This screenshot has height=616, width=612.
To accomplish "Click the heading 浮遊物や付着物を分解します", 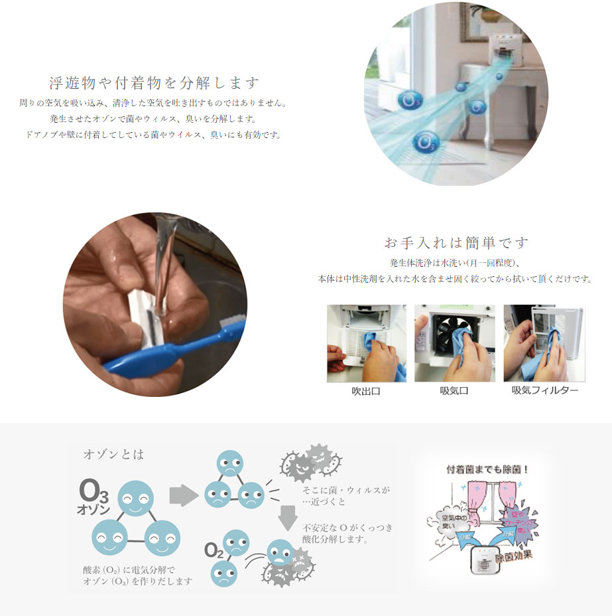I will tap(154, 84).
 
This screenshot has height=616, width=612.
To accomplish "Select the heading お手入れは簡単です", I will tap(456, 242).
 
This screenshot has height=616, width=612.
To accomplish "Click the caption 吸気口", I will tap(454, 391).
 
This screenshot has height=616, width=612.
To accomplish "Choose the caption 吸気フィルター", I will tap(544, 391).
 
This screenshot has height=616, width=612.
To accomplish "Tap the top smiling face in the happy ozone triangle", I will tap(135, 499).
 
